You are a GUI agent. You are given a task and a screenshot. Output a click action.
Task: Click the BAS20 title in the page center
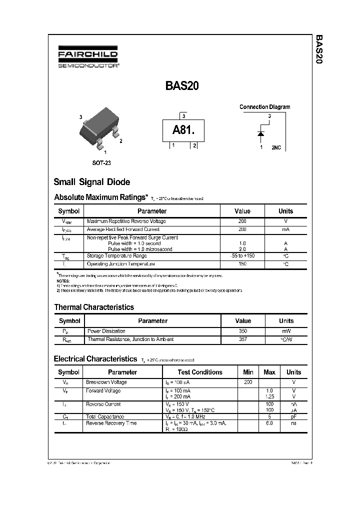[182, 86]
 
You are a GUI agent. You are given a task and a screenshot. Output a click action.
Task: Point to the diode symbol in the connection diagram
[260, 133]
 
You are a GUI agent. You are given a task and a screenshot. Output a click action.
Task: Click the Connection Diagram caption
[264, 107]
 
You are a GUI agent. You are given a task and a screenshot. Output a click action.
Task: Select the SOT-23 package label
[101, 163]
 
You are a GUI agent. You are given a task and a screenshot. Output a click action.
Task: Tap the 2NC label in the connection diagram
[276, 148]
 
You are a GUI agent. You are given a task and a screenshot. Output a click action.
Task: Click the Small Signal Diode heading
[91, 182]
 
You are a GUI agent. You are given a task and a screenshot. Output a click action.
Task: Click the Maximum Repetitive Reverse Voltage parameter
[126, 221]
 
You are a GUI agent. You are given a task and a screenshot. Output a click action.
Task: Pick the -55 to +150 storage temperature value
[242, 256]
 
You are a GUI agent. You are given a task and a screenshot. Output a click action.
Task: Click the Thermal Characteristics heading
[94, 307]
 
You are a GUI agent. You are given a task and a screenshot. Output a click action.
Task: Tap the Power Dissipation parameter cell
[106, 331]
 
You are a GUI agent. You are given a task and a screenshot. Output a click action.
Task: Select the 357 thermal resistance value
[243, 339]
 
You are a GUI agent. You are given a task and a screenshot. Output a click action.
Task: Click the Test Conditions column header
[200, 372]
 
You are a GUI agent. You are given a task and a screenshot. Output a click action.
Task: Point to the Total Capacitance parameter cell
[105, 416]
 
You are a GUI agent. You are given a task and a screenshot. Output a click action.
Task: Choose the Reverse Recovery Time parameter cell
[111, 423]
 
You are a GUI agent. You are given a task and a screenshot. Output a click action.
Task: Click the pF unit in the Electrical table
[293, 416]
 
